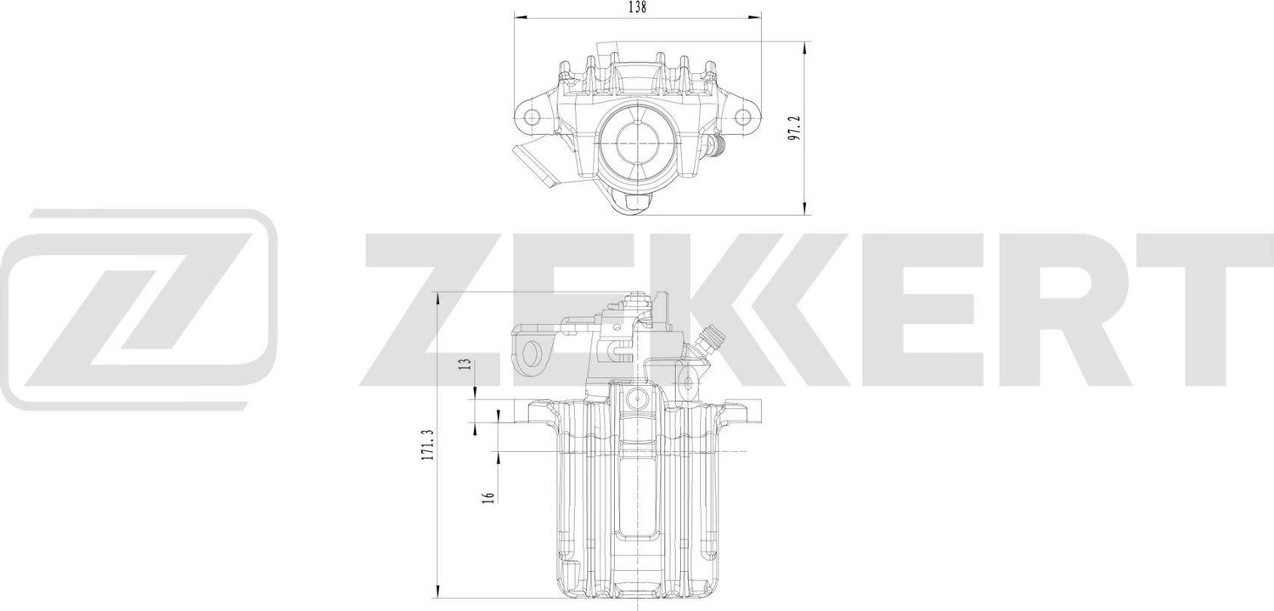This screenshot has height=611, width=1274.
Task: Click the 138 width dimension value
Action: pyautogui.click(x=637, y=8)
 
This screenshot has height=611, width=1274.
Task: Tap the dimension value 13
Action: pyautogui.click(x=465, y=365)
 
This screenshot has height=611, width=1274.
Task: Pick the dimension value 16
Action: pyautogui.click(x=487, y=498)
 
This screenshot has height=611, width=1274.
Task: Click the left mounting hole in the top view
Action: pyautogui.click(x=531, y=116)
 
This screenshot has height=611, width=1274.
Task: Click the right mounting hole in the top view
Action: pyautogui.click(x=744, y=116)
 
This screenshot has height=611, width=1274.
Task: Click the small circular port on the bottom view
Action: pyautogui.click(x=636, y=397)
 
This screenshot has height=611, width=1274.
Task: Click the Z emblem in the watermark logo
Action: pyautogui.click(x=140, y=310)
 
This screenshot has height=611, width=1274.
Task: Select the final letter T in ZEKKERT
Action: pyautogui.click(x=1206, y=310)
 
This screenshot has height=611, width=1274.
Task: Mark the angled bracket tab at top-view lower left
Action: pyautogui.click(x=533, y=166)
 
